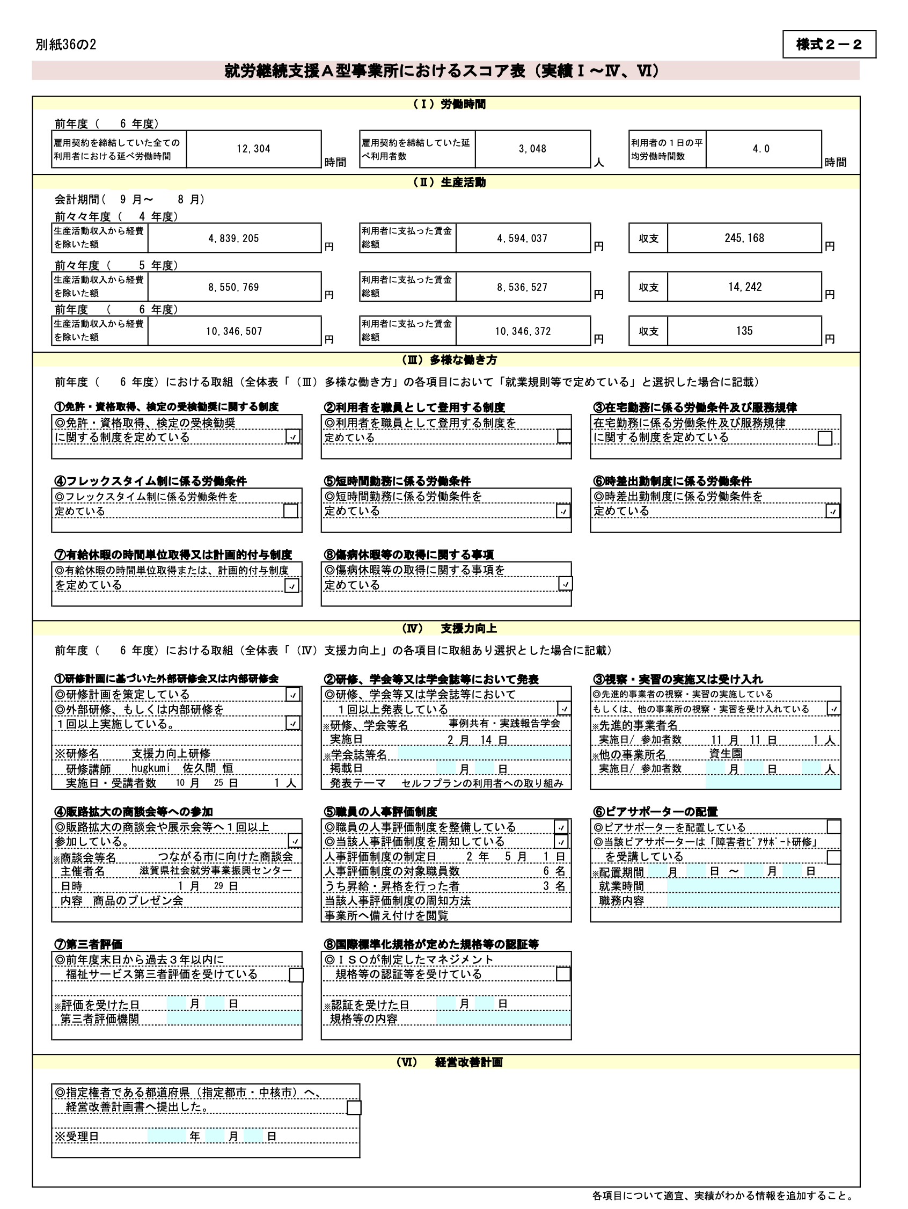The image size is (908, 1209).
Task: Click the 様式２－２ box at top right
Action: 829,44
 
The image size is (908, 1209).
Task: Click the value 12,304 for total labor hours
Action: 253,149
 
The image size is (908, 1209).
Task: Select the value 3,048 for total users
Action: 532,149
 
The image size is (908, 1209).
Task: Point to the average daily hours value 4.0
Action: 760,149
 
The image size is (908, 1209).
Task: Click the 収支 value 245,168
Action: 744,238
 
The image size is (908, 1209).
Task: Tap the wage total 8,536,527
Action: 522,287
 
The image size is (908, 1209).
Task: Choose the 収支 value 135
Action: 744,331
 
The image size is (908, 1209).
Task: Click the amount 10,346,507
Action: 234,331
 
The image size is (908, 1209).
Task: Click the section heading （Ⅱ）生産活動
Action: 449,182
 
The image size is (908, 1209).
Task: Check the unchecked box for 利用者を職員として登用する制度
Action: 564,436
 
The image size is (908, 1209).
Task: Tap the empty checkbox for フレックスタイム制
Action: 291,511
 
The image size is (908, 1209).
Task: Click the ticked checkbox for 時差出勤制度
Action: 832,511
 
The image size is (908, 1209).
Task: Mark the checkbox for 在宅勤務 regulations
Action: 824,438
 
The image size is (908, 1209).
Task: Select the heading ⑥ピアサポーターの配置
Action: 655,812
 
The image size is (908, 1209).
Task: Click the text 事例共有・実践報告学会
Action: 504,724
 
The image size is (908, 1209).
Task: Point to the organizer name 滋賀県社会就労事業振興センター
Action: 215,871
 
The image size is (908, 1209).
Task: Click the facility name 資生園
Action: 726,754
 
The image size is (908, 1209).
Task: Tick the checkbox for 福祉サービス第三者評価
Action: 296,975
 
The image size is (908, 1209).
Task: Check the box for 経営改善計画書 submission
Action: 354,1108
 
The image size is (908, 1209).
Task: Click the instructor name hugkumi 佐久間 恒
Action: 182,768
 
